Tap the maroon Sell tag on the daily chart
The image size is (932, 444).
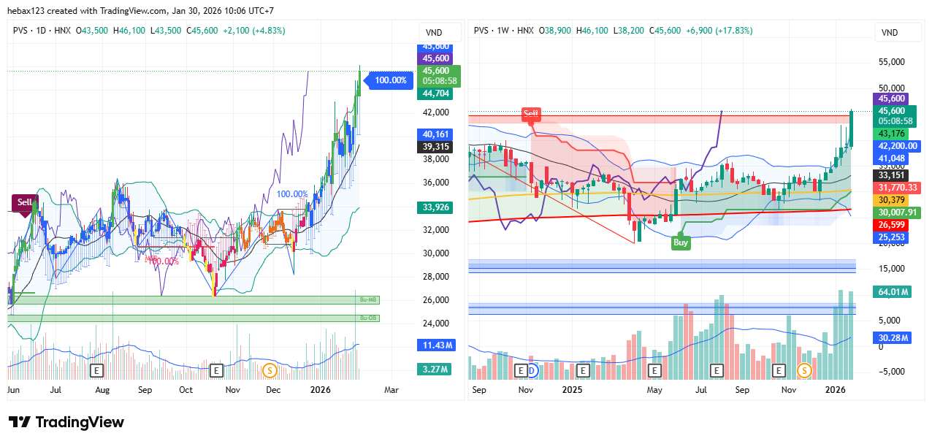point(24,202)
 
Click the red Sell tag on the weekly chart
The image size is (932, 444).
point(530,114)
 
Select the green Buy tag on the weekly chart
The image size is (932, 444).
point(681,242)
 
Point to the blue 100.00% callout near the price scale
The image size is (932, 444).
point(389,80)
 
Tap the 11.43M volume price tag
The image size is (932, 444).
point(435,345)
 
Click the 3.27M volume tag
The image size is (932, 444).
point(435,370)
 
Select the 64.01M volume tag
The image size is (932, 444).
point(891,292)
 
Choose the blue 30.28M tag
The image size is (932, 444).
point(891,338)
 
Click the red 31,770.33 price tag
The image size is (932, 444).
point(896,188)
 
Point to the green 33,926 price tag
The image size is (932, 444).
point(435,207)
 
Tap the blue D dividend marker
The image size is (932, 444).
point(532,371)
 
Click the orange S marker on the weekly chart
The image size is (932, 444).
point(805,371)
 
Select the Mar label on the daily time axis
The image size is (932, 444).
point(391,390)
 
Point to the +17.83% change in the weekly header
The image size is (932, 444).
point(734,31)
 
